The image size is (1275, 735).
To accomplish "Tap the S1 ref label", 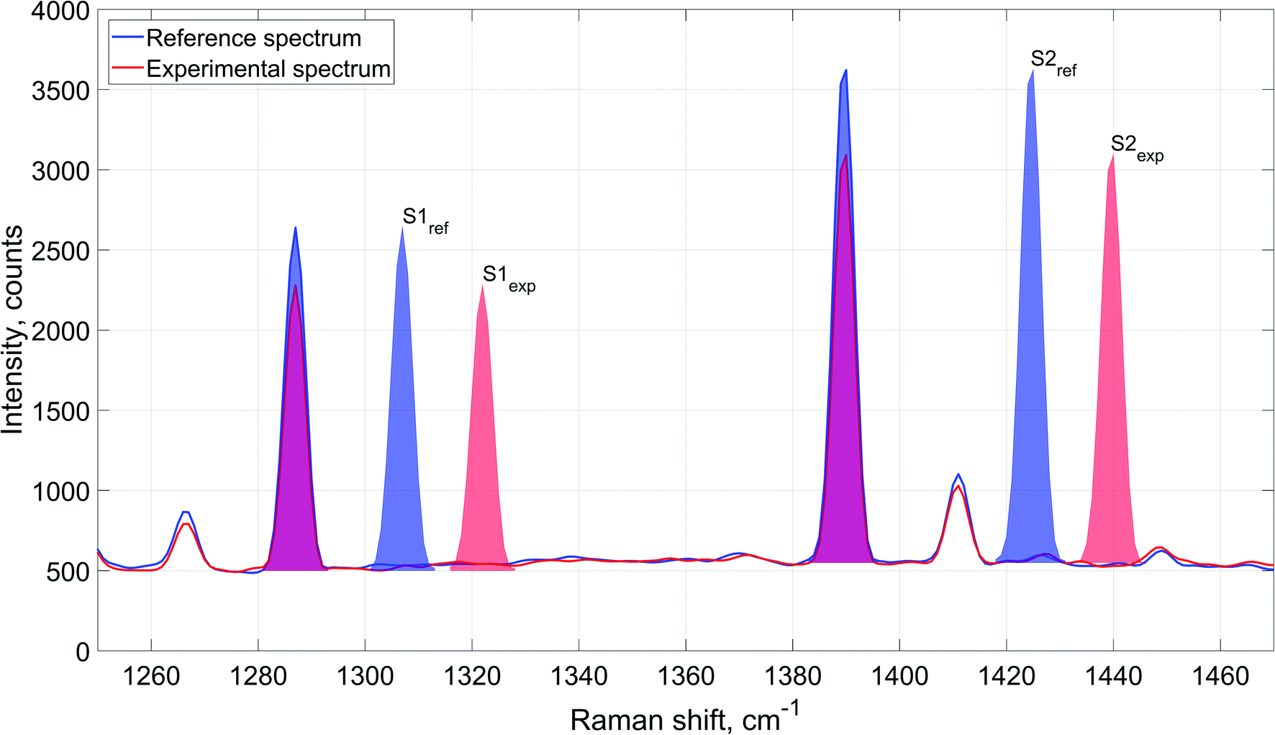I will [x=425, y=220].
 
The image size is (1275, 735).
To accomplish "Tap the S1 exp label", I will [x=508, y=278].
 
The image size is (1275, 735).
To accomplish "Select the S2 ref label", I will [x=1053, y=62].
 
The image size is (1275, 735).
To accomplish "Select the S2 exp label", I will [x=1136, y=148].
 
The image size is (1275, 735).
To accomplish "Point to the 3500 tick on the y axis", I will [x=60, y=91].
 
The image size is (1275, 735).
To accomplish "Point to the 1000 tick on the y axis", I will [x=60, y=492].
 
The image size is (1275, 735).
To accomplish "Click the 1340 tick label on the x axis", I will [x=578, y=677].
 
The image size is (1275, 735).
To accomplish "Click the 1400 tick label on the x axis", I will [x=899, y=677].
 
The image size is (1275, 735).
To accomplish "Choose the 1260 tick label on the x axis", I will [x=151, y=677].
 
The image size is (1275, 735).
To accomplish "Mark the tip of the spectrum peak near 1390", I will [x=845, y=71].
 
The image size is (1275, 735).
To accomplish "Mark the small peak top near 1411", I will [x=958, y=474].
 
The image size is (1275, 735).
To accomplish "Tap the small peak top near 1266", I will [x=186, y=512].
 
